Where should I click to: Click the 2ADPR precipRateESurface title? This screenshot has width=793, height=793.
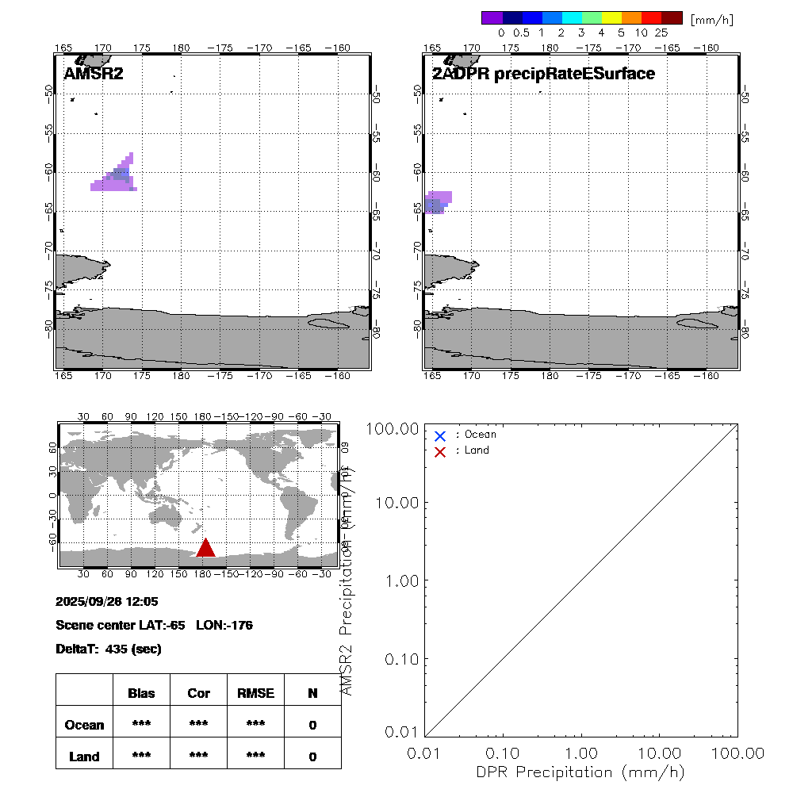point(543,74)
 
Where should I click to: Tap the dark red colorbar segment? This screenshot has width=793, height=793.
point(672,18)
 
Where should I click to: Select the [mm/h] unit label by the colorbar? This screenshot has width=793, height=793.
point(711,19)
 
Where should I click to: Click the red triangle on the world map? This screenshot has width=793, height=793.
point(205,548)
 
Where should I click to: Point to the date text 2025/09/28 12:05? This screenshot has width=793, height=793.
point(108,601)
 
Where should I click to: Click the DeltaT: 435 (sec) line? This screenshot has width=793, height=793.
point(109,649)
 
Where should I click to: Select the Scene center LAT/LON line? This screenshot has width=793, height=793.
point(154,625)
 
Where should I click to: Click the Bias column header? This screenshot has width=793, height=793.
point(141,693)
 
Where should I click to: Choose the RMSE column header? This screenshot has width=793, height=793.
point(255,693)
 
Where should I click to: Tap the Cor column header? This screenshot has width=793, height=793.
point(198,693)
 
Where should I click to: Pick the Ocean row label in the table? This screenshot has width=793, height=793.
point(84,725)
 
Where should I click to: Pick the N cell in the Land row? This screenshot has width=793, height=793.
point(312,757)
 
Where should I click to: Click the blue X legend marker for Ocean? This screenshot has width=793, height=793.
point(440,435)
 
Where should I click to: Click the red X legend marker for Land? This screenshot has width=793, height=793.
point(440,451)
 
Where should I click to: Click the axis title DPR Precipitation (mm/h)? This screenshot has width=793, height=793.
point(580,772)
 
